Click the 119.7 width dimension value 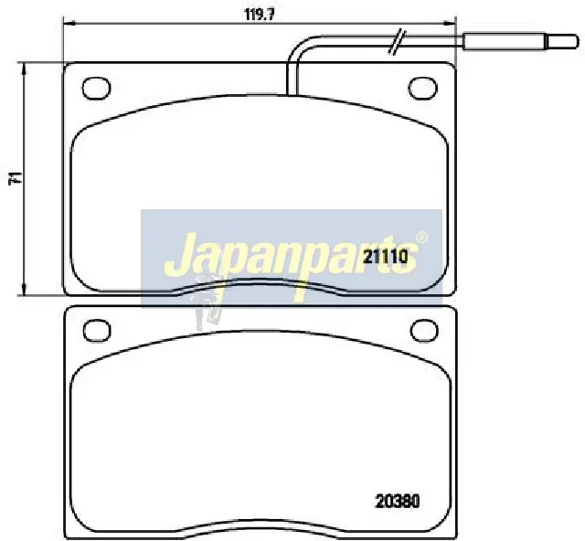[x=260, y=14]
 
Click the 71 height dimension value [x=15, y=178]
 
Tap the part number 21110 [x=386, y=256]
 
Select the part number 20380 [x=398, y=501]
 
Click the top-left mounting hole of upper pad [x=96, y=89]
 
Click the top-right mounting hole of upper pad [x=422, y=88]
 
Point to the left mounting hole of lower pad [x=97, y=330]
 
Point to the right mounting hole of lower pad [x=424, y=330]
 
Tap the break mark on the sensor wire [x=397, y=41]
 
